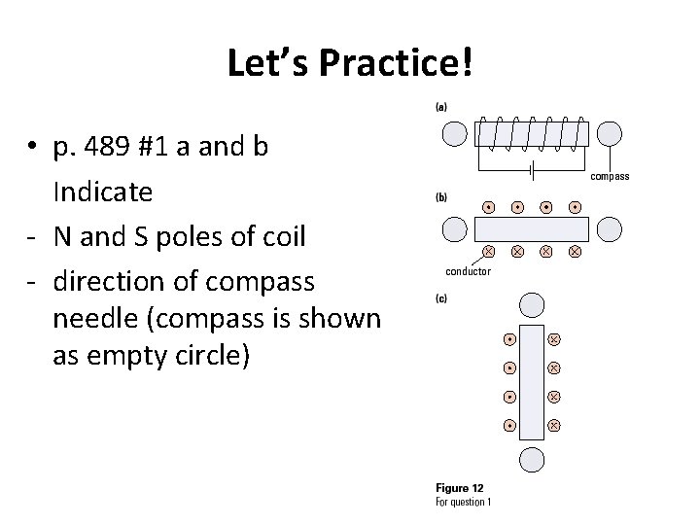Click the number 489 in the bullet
click(121, 148)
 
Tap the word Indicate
click(103, 192)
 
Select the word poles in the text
click(182, 236)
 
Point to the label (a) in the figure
click(441, 107)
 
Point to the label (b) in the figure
click(441, 197)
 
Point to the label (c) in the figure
click(441, 298)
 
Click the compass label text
click(610, 177)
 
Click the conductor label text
click(468, 270)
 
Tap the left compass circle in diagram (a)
click(455, 133)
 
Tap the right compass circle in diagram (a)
click(610, 133)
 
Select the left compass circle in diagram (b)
click(455, 229)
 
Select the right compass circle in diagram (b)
click(610, 229)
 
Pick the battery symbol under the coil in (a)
click(531, 170)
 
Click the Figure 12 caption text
click(461, 488)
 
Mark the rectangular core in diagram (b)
click(532, 229)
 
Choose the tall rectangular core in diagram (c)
click(531, 382)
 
